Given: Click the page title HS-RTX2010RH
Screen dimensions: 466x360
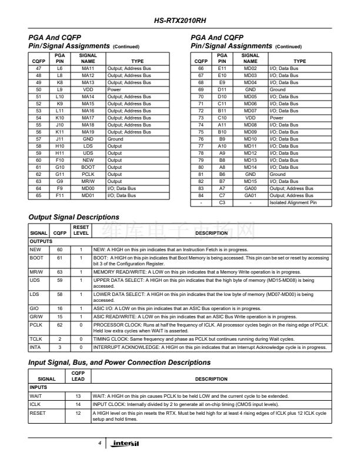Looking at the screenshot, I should point(179,21).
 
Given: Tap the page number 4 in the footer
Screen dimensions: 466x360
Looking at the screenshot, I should point(101,442).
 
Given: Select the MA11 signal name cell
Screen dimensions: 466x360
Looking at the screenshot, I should point(88,68).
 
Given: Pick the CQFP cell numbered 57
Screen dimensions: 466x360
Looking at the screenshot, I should point(38,139).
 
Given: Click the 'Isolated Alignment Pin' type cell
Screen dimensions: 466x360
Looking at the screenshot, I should point(299,202).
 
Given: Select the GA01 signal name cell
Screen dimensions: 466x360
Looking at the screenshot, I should point(250,195).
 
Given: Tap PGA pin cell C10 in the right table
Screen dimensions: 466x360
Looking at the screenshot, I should point(222,118).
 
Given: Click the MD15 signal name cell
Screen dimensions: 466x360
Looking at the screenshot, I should point(250,181).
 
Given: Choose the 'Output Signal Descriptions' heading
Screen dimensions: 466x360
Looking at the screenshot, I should point(74,217).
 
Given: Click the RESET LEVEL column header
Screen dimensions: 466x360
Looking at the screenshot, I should point(81,230).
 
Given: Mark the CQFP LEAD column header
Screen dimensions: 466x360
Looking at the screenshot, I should point(78,375).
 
